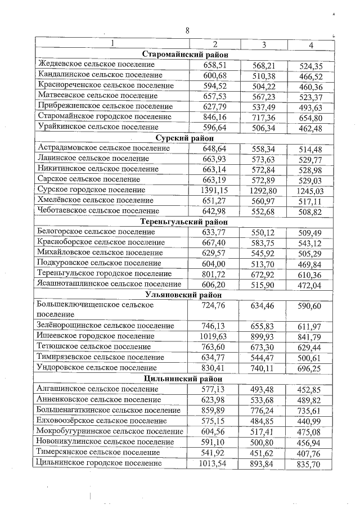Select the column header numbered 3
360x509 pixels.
tap(264, 44)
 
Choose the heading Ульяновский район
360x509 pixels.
tap(187, 294)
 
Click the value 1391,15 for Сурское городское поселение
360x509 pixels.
tap(214, 190)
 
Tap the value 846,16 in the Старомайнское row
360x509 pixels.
tap(214, 117)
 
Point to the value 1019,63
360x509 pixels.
tap(214, 336)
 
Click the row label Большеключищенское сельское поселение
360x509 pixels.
tap(95, 309)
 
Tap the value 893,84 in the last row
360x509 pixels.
tap(264, 463)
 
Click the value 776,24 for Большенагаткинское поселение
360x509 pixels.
tap(264, 410)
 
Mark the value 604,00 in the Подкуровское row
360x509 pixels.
tap(214, 263)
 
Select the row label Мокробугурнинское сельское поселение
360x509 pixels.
tap(110, 431)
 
